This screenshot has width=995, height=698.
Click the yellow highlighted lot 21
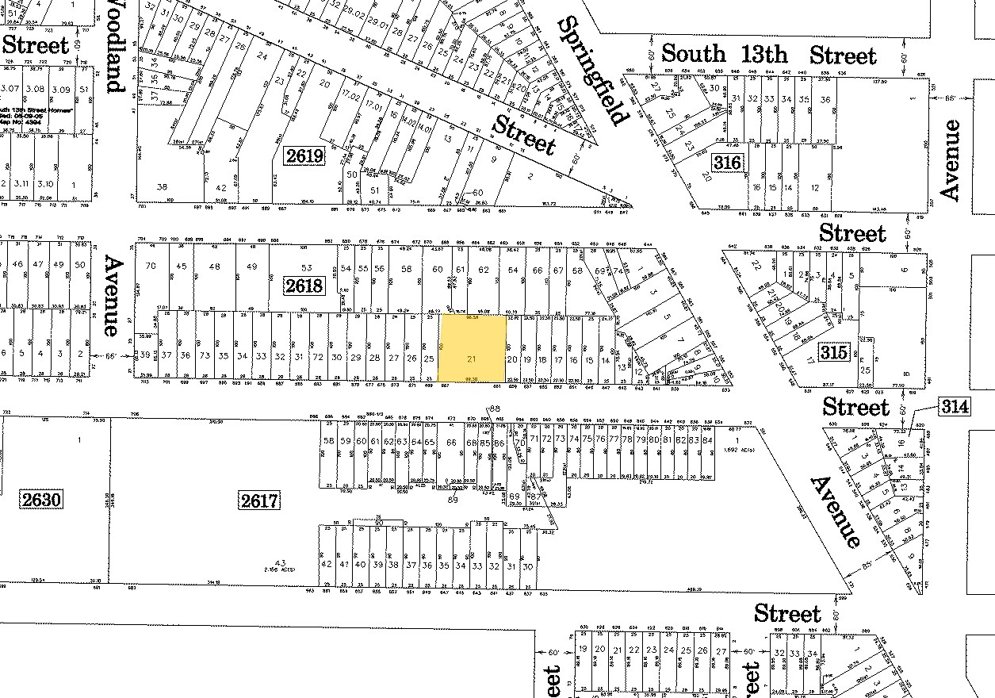coord(473,348)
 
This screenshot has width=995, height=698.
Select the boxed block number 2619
coord(304,155)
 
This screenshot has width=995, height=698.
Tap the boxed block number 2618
coord(304,285)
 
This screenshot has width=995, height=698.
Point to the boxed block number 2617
coord(259,500)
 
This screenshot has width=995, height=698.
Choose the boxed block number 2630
coord(41,500)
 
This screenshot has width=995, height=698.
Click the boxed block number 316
coord(726,163)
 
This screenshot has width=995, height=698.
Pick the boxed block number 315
coord(834,352)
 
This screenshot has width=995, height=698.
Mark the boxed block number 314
coord(955,407)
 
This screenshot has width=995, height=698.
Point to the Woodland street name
coord(114,48)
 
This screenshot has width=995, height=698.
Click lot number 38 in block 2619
coord(163,187)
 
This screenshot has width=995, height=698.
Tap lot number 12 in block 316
coord(815,188)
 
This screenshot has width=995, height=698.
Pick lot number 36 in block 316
coord(825,100)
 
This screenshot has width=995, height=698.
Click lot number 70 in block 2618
coord(151,267)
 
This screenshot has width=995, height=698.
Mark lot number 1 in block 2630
coord(79,439)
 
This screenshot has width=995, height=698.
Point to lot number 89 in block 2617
coord(453,500)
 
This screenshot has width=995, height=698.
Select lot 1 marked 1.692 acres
coord(737,441)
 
